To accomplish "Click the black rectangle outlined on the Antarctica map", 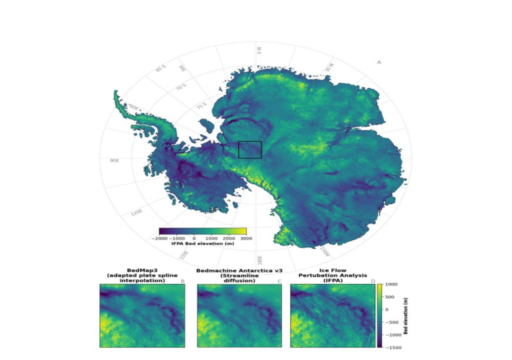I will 250,149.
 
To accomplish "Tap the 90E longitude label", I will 114,160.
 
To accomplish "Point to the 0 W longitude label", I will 259,50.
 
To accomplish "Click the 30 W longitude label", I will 328,67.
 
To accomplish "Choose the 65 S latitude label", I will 160,68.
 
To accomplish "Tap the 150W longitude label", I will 324,251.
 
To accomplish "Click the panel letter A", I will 379,62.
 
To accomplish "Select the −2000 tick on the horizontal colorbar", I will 161,238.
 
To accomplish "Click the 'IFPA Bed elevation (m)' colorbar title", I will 202,244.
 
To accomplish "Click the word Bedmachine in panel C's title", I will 214,270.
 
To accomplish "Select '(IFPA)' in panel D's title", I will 332,280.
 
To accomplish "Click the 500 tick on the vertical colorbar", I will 390,296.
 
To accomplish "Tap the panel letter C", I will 279,281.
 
